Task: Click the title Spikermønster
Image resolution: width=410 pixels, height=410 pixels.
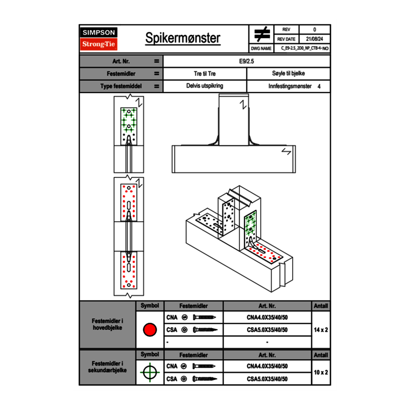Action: point(183,38)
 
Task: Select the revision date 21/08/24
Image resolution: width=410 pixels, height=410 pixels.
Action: point(314,39)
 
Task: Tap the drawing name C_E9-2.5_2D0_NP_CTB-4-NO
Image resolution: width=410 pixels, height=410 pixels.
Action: point(305,48)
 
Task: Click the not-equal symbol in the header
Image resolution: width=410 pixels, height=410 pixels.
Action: point(262,34)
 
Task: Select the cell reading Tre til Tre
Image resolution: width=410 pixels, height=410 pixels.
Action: point(205,74)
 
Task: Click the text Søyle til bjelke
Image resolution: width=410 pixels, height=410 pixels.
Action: point(288,74)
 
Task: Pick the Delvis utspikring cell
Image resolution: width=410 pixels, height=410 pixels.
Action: point(205,86)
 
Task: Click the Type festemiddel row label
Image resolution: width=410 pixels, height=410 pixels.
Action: point(121,86)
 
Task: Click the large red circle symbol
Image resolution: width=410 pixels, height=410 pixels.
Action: point(150,330)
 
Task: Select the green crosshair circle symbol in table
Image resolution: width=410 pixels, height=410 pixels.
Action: point(150,372)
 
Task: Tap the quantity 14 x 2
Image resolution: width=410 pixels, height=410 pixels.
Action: point(321,329)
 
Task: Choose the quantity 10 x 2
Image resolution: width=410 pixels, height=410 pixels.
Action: point(321,372)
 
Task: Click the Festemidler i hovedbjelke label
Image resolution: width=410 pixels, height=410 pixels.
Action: point(108,324)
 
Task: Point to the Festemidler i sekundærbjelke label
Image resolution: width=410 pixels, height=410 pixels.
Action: point(108,367)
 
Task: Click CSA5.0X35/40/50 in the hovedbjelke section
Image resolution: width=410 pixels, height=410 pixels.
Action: point(267,330)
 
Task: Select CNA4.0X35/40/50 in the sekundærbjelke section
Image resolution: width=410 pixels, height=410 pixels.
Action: point(267,366)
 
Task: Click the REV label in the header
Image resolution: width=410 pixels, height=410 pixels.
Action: point(286,30)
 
